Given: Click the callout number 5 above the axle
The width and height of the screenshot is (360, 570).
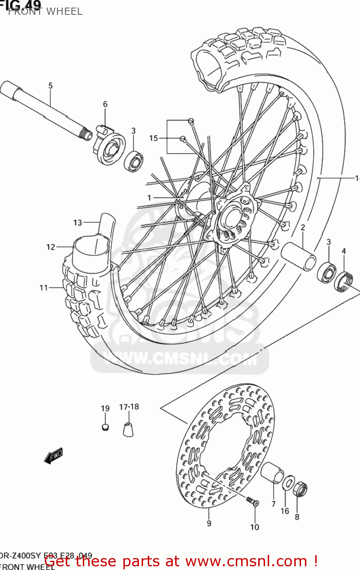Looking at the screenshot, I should (x=51, y=86).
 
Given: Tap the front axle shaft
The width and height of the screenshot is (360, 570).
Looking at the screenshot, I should (x=46, y=110).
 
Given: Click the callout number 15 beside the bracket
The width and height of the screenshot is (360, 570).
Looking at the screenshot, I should (x=153, y=138).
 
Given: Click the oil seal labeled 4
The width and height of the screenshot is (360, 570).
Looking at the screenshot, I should (x=344, y=281).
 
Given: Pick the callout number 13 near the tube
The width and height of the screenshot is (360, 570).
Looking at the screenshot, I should (x=77, y=223).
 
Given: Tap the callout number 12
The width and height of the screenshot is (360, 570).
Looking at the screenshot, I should (x=51, y=247).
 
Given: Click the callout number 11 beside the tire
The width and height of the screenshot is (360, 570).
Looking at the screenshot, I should (x=44, y=288).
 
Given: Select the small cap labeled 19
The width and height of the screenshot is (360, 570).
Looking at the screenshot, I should (x=106, y=427).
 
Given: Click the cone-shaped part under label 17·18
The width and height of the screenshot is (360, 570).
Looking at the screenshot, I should (x=128, y=429).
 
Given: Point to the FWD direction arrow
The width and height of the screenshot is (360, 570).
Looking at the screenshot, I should (x=53, y=456).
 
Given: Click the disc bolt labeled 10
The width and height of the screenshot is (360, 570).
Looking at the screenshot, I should (x=252, y=501).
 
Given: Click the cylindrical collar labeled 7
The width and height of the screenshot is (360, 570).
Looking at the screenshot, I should (x=272, y=473).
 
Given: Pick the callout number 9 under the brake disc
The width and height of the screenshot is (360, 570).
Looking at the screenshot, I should (x=209, y=524).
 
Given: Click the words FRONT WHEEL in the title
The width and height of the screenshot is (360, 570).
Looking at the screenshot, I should (x=45, y=12).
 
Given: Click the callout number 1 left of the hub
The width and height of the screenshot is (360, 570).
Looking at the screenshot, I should (x=149, y=198).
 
